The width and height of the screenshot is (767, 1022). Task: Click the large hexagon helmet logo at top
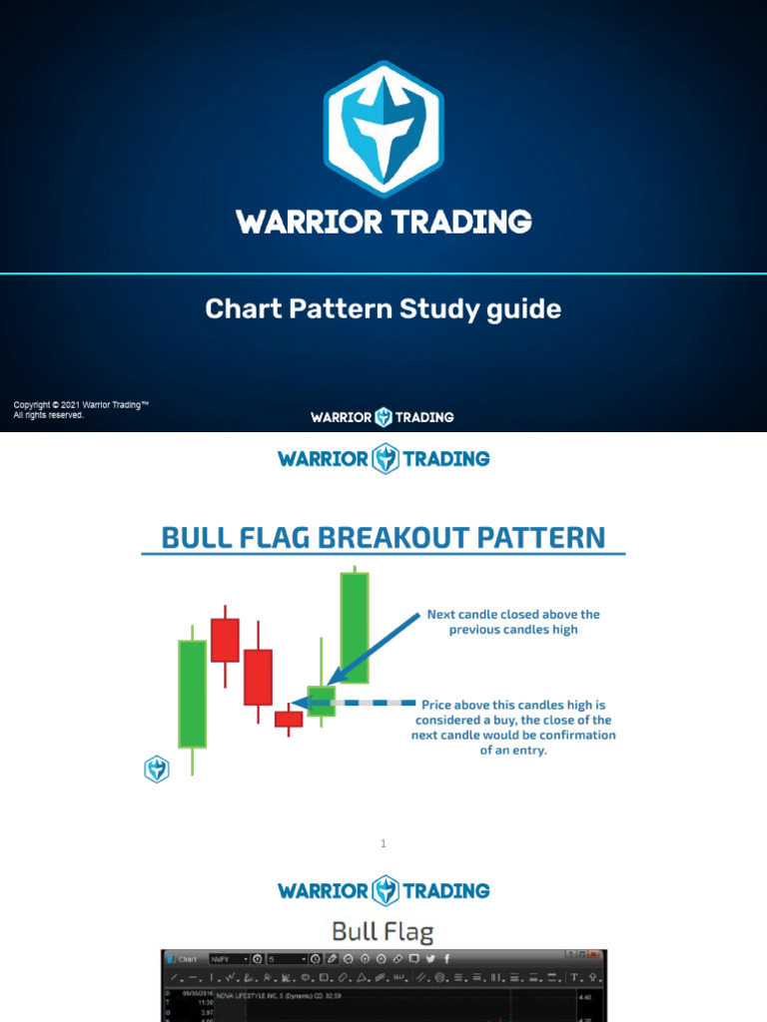[x=383, y=129]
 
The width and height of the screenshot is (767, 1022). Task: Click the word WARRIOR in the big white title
[x=304, y=222]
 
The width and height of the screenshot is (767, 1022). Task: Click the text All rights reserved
[x=48, y=415]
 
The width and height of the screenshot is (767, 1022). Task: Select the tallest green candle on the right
[x=355, y=628]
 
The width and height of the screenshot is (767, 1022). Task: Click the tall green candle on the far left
[x=192, y=694]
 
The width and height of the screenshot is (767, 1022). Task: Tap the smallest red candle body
[x=289, y=719]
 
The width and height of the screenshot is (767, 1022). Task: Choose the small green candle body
[x=322, y=701]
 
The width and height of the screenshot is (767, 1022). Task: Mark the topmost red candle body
[x=225, y=640]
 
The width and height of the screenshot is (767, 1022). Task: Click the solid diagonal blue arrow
[x=378, y=649]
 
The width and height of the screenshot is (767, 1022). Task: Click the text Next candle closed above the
[x=513, y=615]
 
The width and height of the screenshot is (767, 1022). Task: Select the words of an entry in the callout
[x=513, y=751]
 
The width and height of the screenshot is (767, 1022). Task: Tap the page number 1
[x=383, y=844]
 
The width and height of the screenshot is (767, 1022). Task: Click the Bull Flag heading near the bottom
[x=383, y=932]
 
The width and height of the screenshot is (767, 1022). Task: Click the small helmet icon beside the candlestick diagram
[x=157, y=768]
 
